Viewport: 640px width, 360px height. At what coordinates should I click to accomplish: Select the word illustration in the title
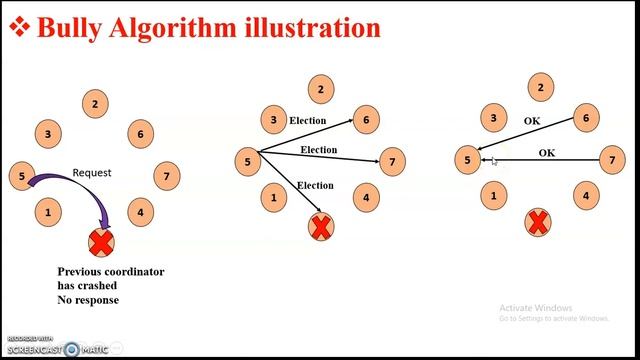312,27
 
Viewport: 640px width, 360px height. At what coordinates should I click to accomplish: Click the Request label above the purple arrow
92,173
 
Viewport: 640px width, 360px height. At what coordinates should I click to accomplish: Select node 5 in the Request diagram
22,177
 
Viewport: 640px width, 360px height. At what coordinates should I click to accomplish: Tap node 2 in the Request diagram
95,103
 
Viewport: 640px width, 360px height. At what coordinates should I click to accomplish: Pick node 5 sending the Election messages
247,160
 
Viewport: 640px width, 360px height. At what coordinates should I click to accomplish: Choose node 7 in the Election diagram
393,160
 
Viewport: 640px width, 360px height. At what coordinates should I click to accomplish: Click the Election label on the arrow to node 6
307,121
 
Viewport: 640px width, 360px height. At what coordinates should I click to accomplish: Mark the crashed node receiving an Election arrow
320,226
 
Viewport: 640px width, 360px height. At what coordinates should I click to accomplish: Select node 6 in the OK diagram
586,119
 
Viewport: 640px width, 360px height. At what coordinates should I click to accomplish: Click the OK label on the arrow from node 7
547,153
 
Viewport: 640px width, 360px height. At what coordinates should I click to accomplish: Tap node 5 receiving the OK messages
466,159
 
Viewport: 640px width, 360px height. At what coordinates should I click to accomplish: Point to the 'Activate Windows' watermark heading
535,307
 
